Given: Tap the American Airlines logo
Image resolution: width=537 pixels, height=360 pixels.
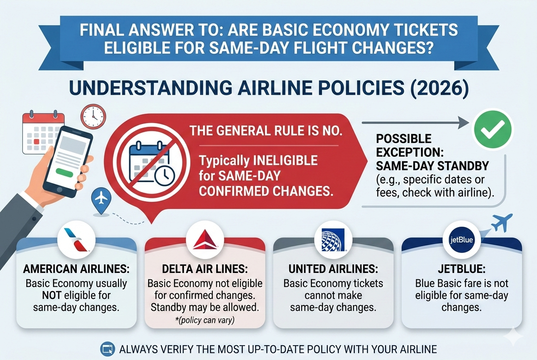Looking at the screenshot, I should point(77,240).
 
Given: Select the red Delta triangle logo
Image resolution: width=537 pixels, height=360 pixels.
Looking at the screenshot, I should point(205,240).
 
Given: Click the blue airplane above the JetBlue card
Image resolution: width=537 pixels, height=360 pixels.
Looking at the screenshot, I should point(501,222).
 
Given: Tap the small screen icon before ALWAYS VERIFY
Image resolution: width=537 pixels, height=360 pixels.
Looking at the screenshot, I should point(106,350).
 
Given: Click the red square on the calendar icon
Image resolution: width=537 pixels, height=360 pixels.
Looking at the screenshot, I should point(37,141).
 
